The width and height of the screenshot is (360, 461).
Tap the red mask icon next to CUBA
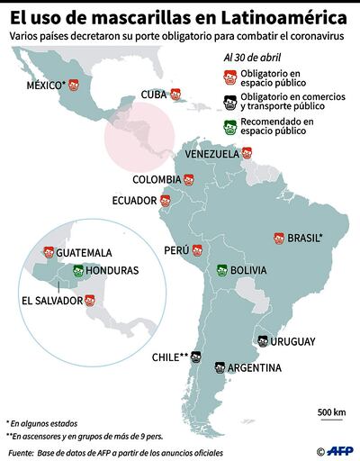[x=176, y=94]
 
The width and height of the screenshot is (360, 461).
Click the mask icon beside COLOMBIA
[x=189, y=179]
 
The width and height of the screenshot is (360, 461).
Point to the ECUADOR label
[x=137, y=201]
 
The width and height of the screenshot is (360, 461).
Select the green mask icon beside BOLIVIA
[x=221, y=269]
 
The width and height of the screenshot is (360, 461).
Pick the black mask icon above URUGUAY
[x=261, y=340]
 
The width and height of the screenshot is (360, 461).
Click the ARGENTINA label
[x=254, y=367]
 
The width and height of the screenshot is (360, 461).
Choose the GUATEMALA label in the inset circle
[x=85, y=253]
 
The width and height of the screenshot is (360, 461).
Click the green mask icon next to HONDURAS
[x=77, y=270]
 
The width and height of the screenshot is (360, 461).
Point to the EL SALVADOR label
[x=41, y=301]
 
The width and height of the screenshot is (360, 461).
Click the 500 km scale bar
[x=331, y=419]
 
